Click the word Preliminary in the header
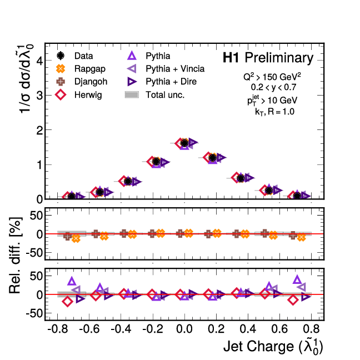pyautogui.click(x=279, y=58)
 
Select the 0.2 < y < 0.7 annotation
pyautogui.click(x=274, y=87)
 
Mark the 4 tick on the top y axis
pyautogui.click(x=38, y=61)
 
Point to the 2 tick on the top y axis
pyautogui.click(x=38, y=130)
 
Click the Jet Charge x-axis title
pyautogui.click(x=273, y=347)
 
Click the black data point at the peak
pyautogui.click(x=184, y=143)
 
